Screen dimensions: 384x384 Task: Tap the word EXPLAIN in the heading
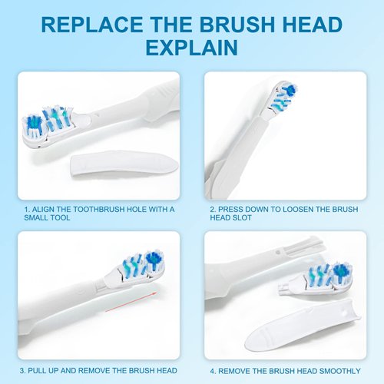pos(191,48)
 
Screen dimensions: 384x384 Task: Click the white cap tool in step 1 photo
pos(123,163)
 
